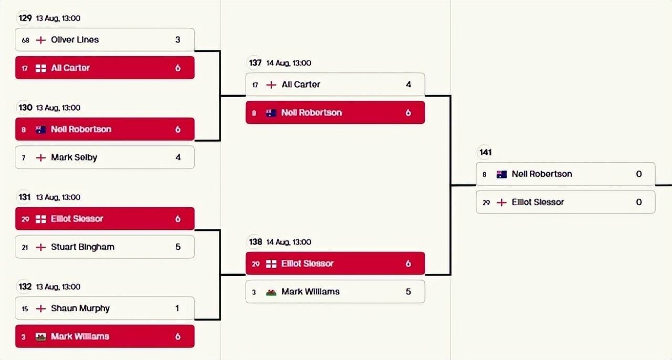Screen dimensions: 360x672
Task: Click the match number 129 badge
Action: [25, 18]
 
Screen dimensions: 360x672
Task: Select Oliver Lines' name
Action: [75, 39]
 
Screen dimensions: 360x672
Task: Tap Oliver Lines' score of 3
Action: [178, 39]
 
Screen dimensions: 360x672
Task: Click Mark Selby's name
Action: [74, 157]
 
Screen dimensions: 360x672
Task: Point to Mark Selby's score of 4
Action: [178, 157]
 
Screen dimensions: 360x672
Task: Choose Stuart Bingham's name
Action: [82, 247]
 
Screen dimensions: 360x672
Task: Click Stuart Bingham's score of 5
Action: [178, 247]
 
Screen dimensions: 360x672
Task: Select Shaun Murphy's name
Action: [80, 308]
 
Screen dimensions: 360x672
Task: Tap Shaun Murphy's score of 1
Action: [177, 308]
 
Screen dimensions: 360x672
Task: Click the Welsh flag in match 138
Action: [271, 292]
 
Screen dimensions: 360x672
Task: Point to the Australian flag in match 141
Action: [501, 174]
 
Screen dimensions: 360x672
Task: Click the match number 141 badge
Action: [486, 152]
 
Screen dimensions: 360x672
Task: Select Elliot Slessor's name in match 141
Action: [538, 202]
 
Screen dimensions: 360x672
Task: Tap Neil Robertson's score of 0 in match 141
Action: [639, 174]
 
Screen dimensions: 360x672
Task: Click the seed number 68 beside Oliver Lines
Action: [25, 40]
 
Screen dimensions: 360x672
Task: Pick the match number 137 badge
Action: [255, 63]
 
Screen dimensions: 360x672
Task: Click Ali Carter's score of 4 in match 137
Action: [408, 84]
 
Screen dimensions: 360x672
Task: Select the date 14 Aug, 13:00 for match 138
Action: [289, 242]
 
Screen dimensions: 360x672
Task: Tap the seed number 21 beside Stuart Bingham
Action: [25, 247]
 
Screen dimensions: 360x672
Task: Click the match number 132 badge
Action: [25, 287]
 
